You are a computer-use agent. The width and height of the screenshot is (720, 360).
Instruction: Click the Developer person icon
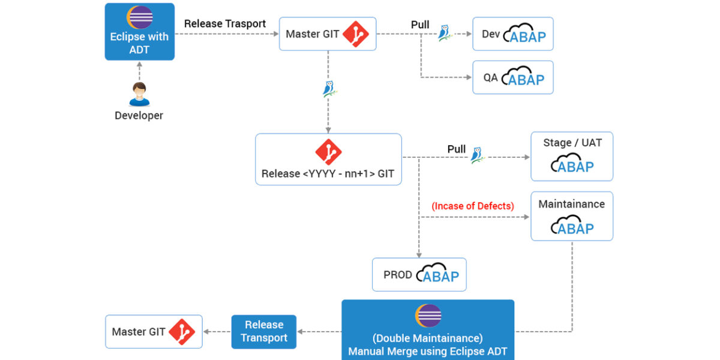click(x=139, y=95)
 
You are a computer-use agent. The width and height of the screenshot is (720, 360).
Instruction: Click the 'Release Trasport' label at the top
click(x=224, y=24)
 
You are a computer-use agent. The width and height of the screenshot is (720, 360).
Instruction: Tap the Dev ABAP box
click(x=512, y=34)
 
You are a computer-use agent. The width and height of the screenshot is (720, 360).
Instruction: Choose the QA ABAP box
click(x=512, y=77)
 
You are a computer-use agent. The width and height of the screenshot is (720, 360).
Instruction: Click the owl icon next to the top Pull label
click(x=445, y=33)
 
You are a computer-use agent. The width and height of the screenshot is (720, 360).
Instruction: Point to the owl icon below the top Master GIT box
click(x=328, y=89)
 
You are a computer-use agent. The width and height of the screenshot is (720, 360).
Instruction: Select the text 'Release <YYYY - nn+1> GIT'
click(x=328, y=174)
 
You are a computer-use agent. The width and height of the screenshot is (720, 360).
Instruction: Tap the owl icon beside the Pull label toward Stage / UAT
click(x=477, y=155)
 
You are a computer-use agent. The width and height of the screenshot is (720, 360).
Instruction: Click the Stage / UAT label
click(x=572, y=143)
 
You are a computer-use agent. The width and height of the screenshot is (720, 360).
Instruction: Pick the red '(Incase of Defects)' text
click(x=473, y=206)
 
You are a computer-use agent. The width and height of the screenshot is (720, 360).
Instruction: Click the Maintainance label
click(x=571, y=204)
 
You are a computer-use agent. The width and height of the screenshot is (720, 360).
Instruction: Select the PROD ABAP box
click(x=419, y=275)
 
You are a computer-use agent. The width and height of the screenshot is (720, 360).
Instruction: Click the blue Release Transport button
click(x=264, y=331)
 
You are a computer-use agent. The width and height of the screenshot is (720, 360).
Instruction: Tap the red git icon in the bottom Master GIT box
click(x=182, y=332)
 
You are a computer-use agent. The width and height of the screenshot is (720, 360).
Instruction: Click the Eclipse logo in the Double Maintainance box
click(x=428, y=316)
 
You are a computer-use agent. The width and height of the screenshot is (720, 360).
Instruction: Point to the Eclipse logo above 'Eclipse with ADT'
click(x=140, y=17)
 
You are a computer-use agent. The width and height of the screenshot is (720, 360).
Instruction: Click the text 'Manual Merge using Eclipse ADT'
click(x=427, y=351)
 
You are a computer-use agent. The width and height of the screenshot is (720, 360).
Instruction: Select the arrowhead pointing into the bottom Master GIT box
click(x=206, y=331)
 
